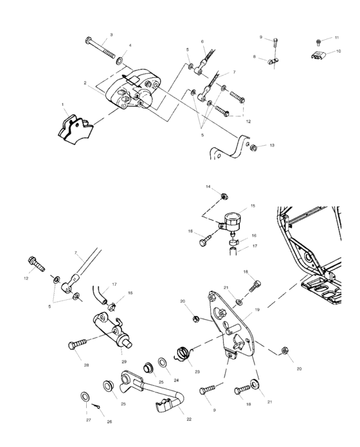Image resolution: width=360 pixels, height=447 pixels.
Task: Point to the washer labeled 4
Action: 120,62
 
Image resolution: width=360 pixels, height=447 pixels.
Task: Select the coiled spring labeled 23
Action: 184,353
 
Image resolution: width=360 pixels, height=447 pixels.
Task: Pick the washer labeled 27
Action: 85,396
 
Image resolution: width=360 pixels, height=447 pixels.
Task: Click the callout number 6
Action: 202,41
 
